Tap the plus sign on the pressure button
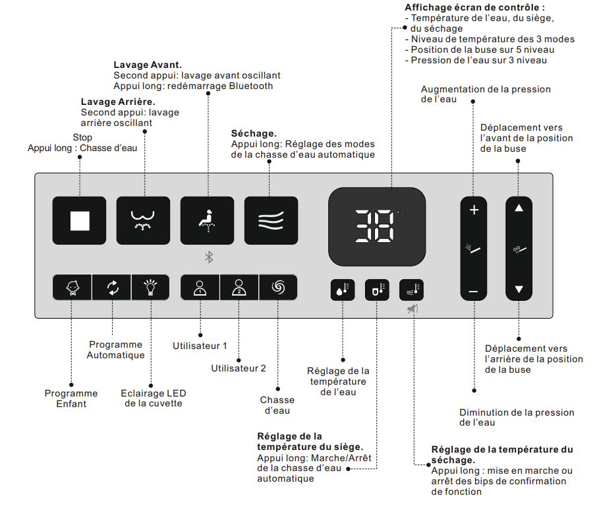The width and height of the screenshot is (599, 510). pyautogui.click(x=473, y=211)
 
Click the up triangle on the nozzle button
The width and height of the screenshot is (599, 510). pyautogui.click(x=519, y=208)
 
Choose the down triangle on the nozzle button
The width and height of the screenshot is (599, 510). pyautogui.click(x=519, y=289)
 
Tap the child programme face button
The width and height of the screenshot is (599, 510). pyautogui.click(x=72, y=288)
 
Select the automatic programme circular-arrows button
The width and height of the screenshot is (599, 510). pyautogui.click(x=112, y=288)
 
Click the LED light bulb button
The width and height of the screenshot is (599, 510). pyautogui.click(x=151, y=288)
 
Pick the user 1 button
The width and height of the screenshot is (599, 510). pyautogui.click(x=200, y=288)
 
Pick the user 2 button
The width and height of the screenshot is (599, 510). pyautogui.click(x=239, y=288)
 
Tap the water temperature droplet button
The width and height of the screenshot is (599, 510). pyautogui.click(x=343, y=289)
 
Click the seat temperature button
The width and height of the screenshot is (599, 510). pyautogui.click(x=377, y=289)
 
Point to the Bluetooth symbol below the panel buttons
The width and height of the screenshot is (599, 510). pyautogui.click(x=208, y=257)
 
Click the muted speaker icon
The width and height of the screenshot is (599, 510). pyautogui.click(x=413, y=308)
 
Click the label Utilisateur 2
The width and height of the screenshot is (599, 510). pyautogui.click(x=239, y=368)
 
